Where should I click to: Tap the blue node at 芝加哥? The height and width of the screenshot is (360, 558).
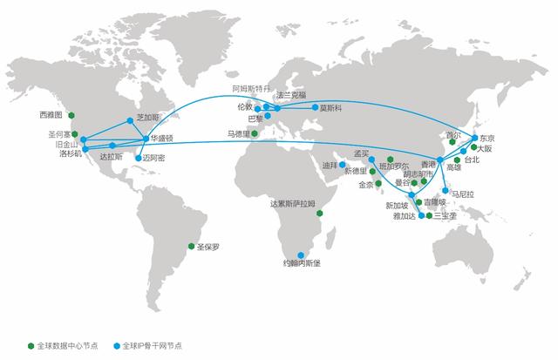tap(130, 120)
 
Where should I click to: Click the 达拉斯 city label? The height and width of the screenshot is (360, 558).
tap(112, 157)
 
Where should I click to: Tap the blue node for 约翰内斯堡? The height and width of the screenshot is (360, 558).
tap(302, 255)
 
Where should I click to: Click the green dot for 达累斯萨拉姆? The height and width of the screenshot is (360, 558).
tap(321, 212)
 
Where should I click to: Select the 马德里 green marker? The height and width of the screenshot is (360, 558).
tap(255, 133)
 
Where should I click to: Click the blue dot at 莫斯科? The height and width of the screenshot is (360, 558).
tap(314, 107)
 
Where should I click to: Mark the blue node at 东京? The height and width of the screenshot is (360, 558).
tap(474, 138)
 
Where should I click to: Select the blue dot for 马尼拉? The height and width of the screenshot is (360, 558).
tap(446, 190)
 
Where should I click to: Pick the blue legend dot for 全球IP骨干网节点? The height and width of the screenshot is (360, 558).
tap(116, 346)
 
